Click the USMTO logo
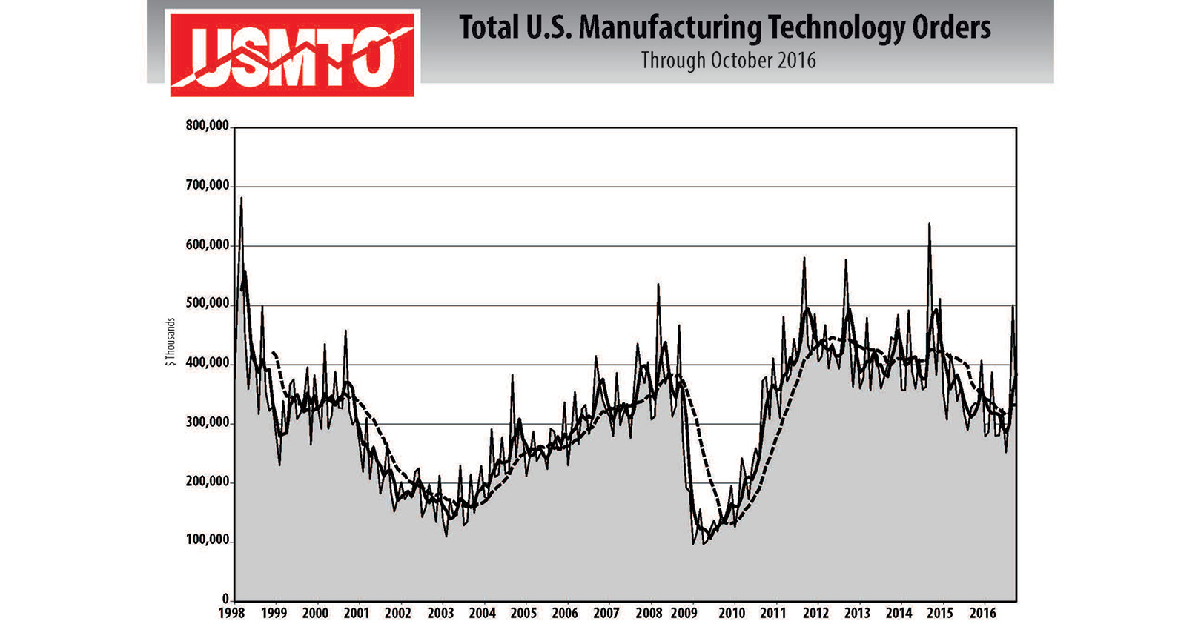[x=292, y=53]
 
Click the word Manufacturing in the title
[x=669, y=28]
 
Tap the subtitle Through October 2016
[x=728, y=60]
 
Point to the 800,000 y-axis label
[x=207, y=125]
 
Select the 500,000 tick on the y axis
[x=207, y=303]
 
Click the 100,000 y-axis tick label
[x=207, y=540]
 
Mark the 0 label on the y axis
[x=225, y=598]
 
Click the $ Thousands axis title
[x=171, y=342]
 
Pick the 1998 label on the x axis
[x=233, y=614]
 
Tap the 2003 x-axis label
[x=440, y=614]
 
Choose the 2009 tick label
[x=684, y=614]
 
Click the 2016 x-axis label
[x=982, y=614]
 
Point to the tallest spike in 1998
[x=241, y=199]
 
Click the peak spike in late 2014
[x=929, y=224]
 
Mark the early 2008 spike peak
[x=658, y=285]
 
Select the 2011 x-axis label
[x=772, y=614]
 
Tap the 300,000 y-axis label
[x=207, y=422]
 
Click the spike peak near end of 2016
[x=1013, y=305]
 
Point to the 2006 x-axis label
[x=565, y=614]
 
